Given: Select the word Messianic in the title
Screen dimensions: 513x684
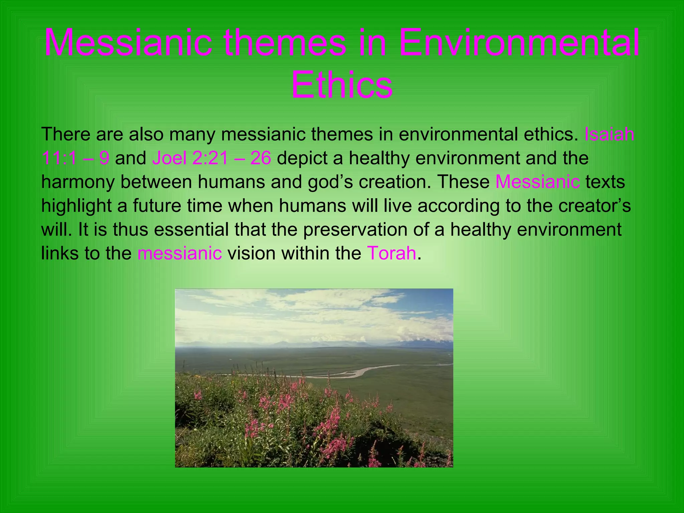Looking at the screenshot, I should coord(128,43).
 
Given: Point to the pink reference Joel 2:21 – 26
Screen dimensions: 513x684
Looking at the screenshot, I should coord(211,158).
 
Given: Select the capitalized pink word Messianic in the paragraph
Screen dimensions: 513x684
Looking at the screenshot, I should coord(537,182).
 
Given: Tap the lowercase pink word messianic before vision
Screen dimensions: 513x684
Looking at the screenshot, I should coord(179,253).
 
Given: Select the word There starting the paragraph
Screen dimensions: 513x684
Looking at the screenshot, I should coord(66,134).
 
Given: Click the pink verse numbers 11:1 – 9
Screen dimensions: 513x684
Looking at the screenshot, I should coord(75,158).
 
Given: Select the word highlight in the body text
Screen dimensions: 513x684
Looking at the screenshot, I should coord(76,206).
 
